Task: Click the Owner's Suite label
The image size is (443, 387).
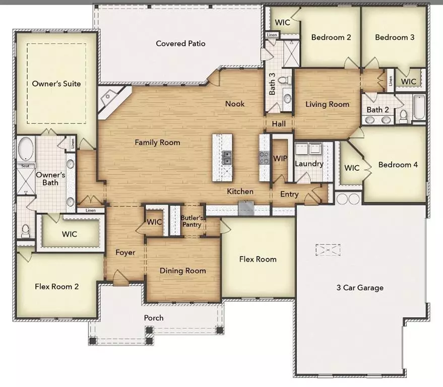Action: pyautogui.click(x=56, y=84)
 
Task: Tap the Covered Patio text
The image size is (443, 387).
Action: pyautogui.click(x=180, y=43)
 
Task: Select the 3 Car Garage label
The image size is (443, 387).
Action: pyautogui.click(x=360, y=288)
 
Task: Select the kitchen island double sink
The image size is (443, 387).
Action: pyautogui.click(x=227, y=157)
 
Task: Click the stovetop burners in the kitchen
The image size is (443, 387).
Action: pyautogui.click(x=265, y=158)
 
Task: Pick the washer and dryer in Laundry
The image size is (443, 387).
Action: pyautogui.click(x=308, y=149)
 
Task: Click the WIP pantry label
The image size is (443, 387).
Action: pyautogui.click(x=280, y=158)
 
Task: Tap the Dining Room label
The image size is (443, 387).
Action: pyautogui.click(x=182, y=271)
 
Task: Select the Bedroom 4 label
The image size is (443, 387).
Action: pyautogui.click(x=398, y=164)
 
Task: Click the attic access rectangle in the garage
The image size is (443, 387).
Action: pyautogui.click(x=328, y=250)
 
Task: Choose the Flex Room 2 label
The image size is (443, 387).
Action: pyautogui.click(x=56, y=287)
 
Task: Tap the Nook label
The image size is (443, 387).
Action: pyautogui.click(x=235, y=104)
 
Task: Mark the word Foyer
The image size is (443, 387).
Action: pyautogui.click(x=125, y=252)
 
